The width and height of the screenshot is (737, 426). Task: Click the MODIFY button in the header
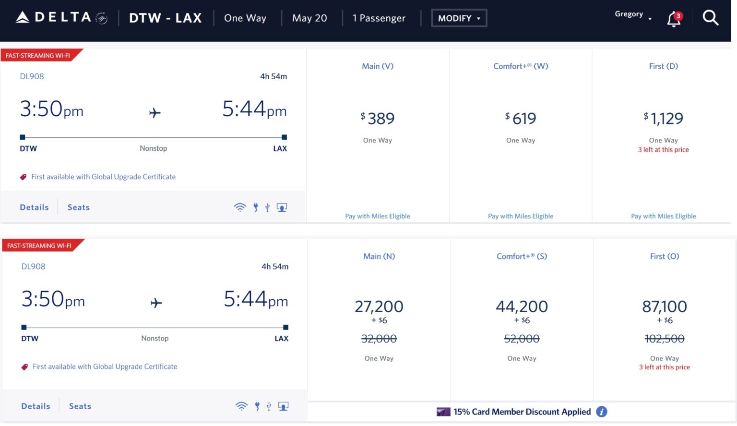coord(459,18)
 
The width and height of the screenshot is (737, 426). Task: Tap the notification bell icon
coord(674,19)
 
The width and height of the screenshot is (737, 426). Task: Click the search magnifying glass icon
coord(710,18)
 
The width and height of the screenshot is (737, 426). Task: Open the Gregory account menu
coord(632,15)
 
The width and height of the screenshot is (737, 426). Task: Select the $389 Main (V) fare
coord(378,119)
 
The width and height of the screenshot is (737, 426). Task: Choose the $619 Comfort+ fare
coord(521,119)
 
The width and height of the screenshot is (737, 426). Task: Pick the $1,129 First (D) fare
coord(664,119)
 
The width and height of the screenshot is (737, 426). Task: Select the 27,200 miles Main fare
coord(379,306)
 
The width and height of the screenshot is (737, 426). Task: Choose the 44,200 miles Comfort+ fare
coord(522,306)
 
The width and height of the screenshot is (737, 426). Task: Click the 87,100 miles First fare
coord(665,306)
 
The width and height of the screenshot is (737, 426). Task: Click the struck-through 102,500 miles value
coord(665,339)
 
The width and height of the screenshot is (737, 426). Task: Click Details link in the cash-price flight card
coord(34,207)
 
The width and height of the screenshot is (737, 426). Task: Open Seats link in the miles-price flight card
coord(80,406)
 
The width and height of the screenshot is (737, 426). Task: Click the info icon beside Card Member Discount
coord(602,412)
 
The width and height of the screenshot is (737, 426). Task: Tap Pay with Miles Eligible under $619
coord(521,217)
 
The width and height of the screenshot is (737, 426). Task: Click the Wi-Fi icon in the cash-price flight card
coord(240,207)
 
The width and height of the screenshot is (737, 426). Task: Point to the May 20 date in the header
coord(309,18)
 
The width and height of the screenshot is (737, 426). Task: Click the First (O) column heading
coord(665,256)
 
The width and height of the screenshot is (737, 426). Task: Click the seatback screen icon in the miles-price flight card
coord(284,406)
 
